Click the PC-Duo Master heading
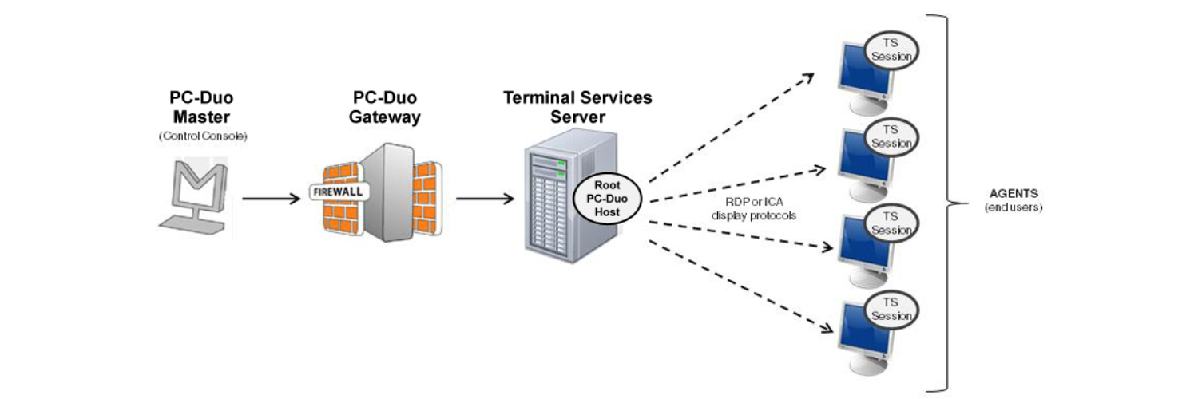(203, 107)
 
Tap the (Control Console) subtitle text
(203, 136)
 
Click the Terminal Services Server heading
(577, 107)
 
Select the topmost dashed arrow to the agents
(731, 128)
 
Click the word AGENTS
(1014, 195)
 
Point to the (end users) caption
(1014, 207)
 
